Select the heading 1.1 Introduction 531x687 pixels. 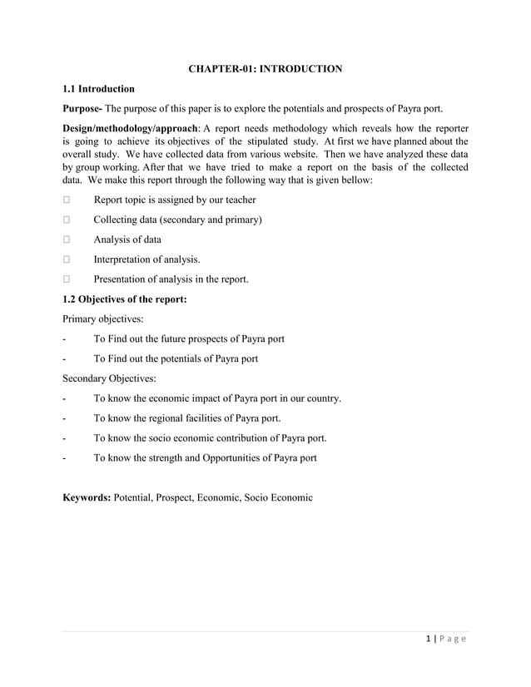click(99, 88)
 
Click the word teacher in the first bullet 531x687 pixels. click(238, 200)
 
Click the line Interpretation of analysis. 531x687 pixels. click(146, 259)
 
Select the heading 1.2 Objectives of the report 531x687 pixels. click(125, 299)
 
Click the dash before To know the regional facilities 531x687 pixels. click(66, 418)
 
